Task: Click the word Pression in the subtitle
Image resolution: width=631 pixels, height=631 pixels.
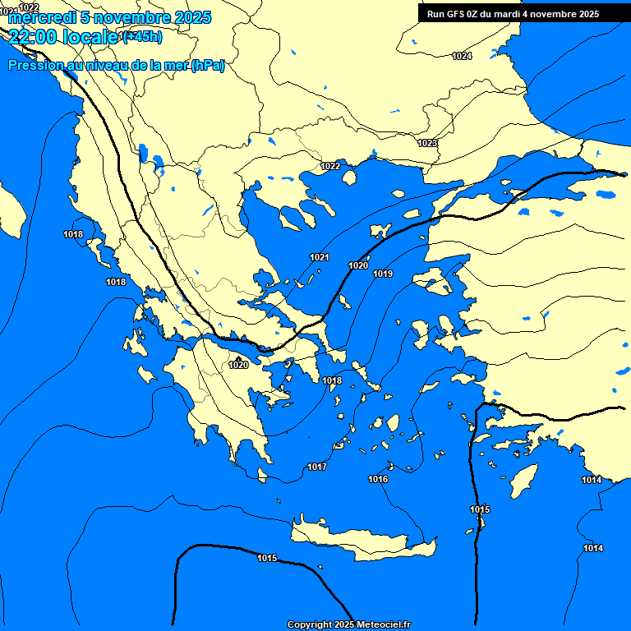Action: click(36, 66)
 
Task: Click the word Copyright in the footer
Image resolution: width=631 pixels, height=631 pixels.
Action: click(310, 625)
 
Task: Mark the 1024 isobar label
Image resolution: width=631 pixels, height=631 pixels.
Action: click(462, 56)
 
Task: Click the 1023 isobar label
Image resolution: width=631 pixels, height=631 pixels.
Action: click(427, 143)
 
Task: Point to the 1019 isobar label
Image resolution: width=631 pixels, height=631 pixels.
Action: click(383, 274)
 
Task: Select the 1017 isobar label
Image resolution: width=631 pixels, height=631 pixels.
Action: click(317, 467)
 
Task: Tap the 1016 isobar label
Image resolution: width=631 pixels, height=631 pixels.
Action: click(378, 479)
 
